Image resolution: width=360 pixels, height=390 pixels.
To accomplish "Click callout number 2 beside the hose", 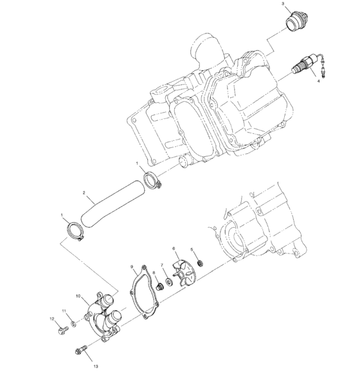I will click(x=84, y=192).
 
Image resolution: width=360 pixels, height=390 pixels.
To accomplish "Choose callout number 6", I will click(x=173, y=248).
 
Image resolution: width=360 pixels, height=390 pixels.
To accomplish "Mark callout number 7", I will click(x=162, y=264).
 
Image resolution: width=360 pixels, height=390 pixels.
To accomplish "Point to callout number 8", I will click(x=154, y=272).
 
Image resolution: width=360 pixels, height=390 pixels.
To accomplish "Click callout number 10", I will click(x=78, y=297).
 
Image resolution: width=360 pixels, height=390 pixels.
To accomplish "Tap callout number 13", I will click(x=96, y=366).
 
